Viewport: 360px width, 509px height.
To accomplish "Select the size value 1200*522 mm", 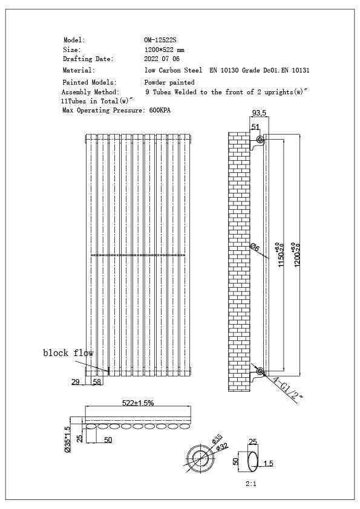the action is tap(165, 50).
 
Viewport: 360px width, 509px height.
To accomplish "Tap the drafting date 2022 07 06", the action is tap(162, 59).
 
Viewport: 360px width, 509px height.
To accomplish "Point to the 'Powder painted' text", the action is tap(169, 82).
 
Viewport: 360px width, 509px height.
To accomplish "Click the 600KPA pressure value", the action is tap(160, 111).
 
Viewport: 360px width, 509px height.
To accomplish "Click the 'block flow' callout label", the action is tap(68, 352).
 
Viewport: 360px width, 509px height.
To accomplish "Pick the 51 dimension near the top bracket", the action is tap(255, 126).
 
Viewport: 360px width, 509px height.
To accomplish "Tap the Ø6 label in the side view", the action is tap(254, 247).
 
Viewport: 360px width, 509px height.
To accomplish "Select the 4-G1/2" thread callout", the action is tap(286, 388).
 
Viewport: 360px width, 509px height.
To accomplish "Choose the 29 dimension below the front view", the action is tap(76, 381).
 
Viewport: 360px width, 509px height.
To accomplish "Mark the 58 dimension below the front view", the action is tap(97, 381).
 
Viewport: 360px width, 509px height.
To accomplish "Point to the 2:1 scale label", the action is tap(251, 484).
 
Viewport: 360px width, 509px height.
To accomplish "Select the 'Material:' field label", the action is tap(79, 70).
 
